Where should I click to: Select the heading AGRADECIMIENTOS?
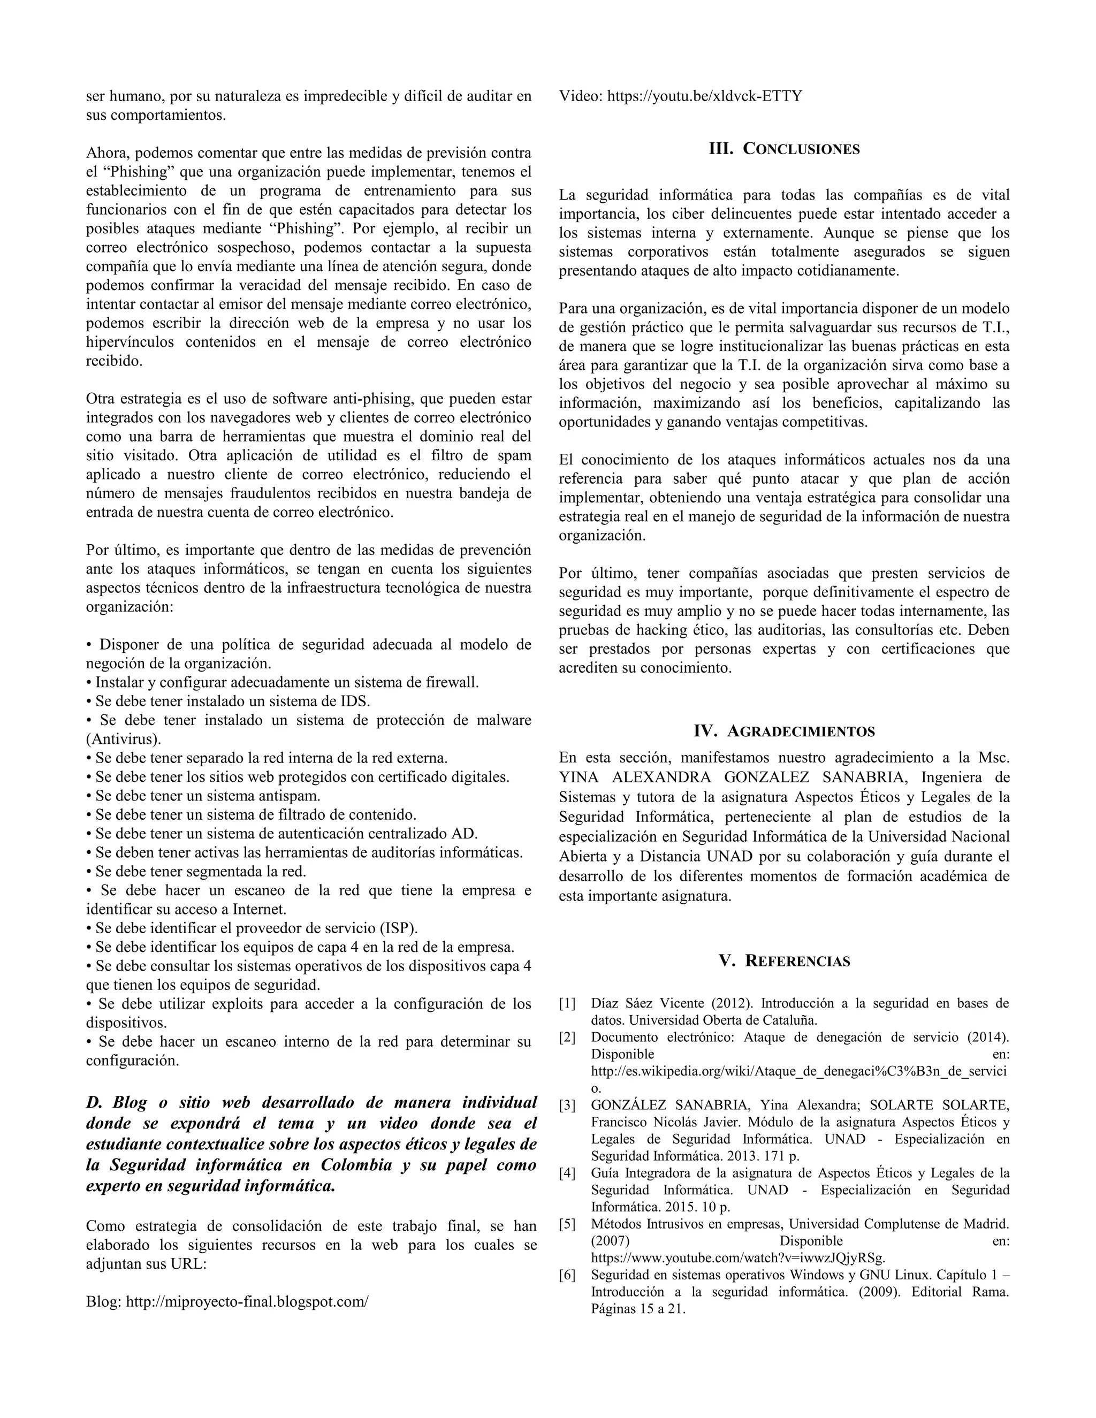click(x=801, y=731)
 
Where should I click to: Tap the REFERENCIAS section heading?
click(x=797, y=961)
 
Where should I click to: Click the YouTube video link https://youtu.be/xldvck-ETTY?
click(x=704, y=96)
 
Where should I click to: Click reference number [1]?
click(x=567, y=1004)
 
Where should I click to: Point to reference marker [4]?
click(x=567, y=1173)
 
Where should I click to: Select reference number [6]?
click(x=567, y=1275)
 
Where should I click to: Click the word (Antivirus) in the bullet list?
click(x=124, y=739)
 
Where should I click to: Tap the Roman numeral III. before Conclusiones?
click(x=721, y=149)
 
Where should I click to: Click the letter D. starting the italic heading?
click(x=95, y=1102)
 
